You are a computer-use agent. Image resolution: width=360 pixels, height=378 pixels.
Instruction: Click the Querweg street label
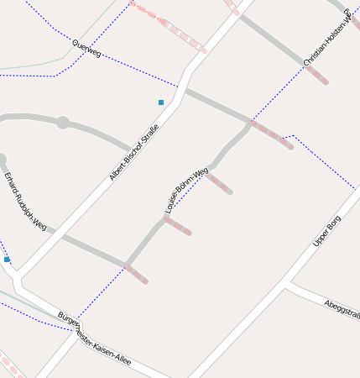click(86, 49)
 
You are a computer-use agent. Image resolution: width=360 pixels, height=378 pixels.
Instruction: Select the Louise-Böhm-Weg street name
click(186, 190)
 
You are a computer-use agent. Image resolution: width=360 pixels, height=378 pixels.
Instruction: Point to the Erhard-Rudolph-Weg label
click(25, 202)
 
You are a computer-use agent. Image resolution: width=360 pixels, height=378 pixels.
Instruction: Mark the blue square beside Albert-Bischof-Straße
click(161, 102)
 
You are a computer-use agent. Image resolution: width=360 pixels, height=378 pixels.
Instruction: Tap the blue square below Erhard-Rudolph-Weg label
click(7, 260)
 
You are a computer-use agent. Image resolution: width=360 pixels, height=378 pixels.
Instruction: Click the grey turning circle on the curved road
click(62, 123)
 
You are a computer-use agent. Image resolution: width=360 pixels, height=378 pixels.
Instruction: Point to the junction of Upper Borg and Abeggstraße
click(287, 283)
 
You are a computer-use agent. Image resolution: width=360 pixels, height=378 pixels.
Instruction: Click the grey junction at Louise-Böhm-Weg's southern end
click(126, 265)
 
